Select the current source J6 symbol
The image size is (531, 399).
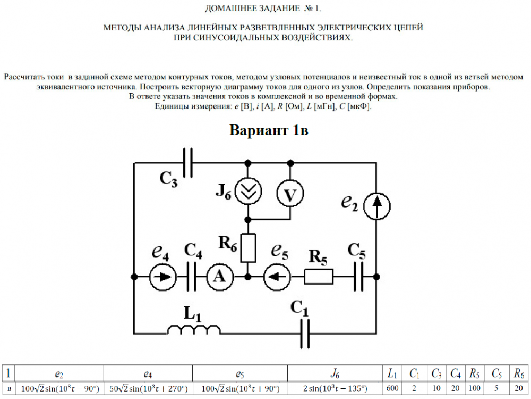click(x=247, y=192)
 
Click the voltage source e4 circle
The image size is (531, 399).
click(x=163, y=277)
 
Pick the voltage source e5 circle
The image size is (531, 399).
click(x=277, y=277)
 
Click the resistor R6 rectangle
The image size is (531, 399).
click(x=248, y=247)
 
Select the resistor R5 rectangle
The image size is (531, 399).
click(x=319, y=277)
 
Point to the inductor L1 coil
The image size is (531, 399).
click(x=194, y=331)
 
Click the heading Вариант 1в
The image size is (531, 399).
click(x=269, y=130)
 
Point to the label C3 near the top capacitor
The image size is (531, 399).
click(x=169, y=178)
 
